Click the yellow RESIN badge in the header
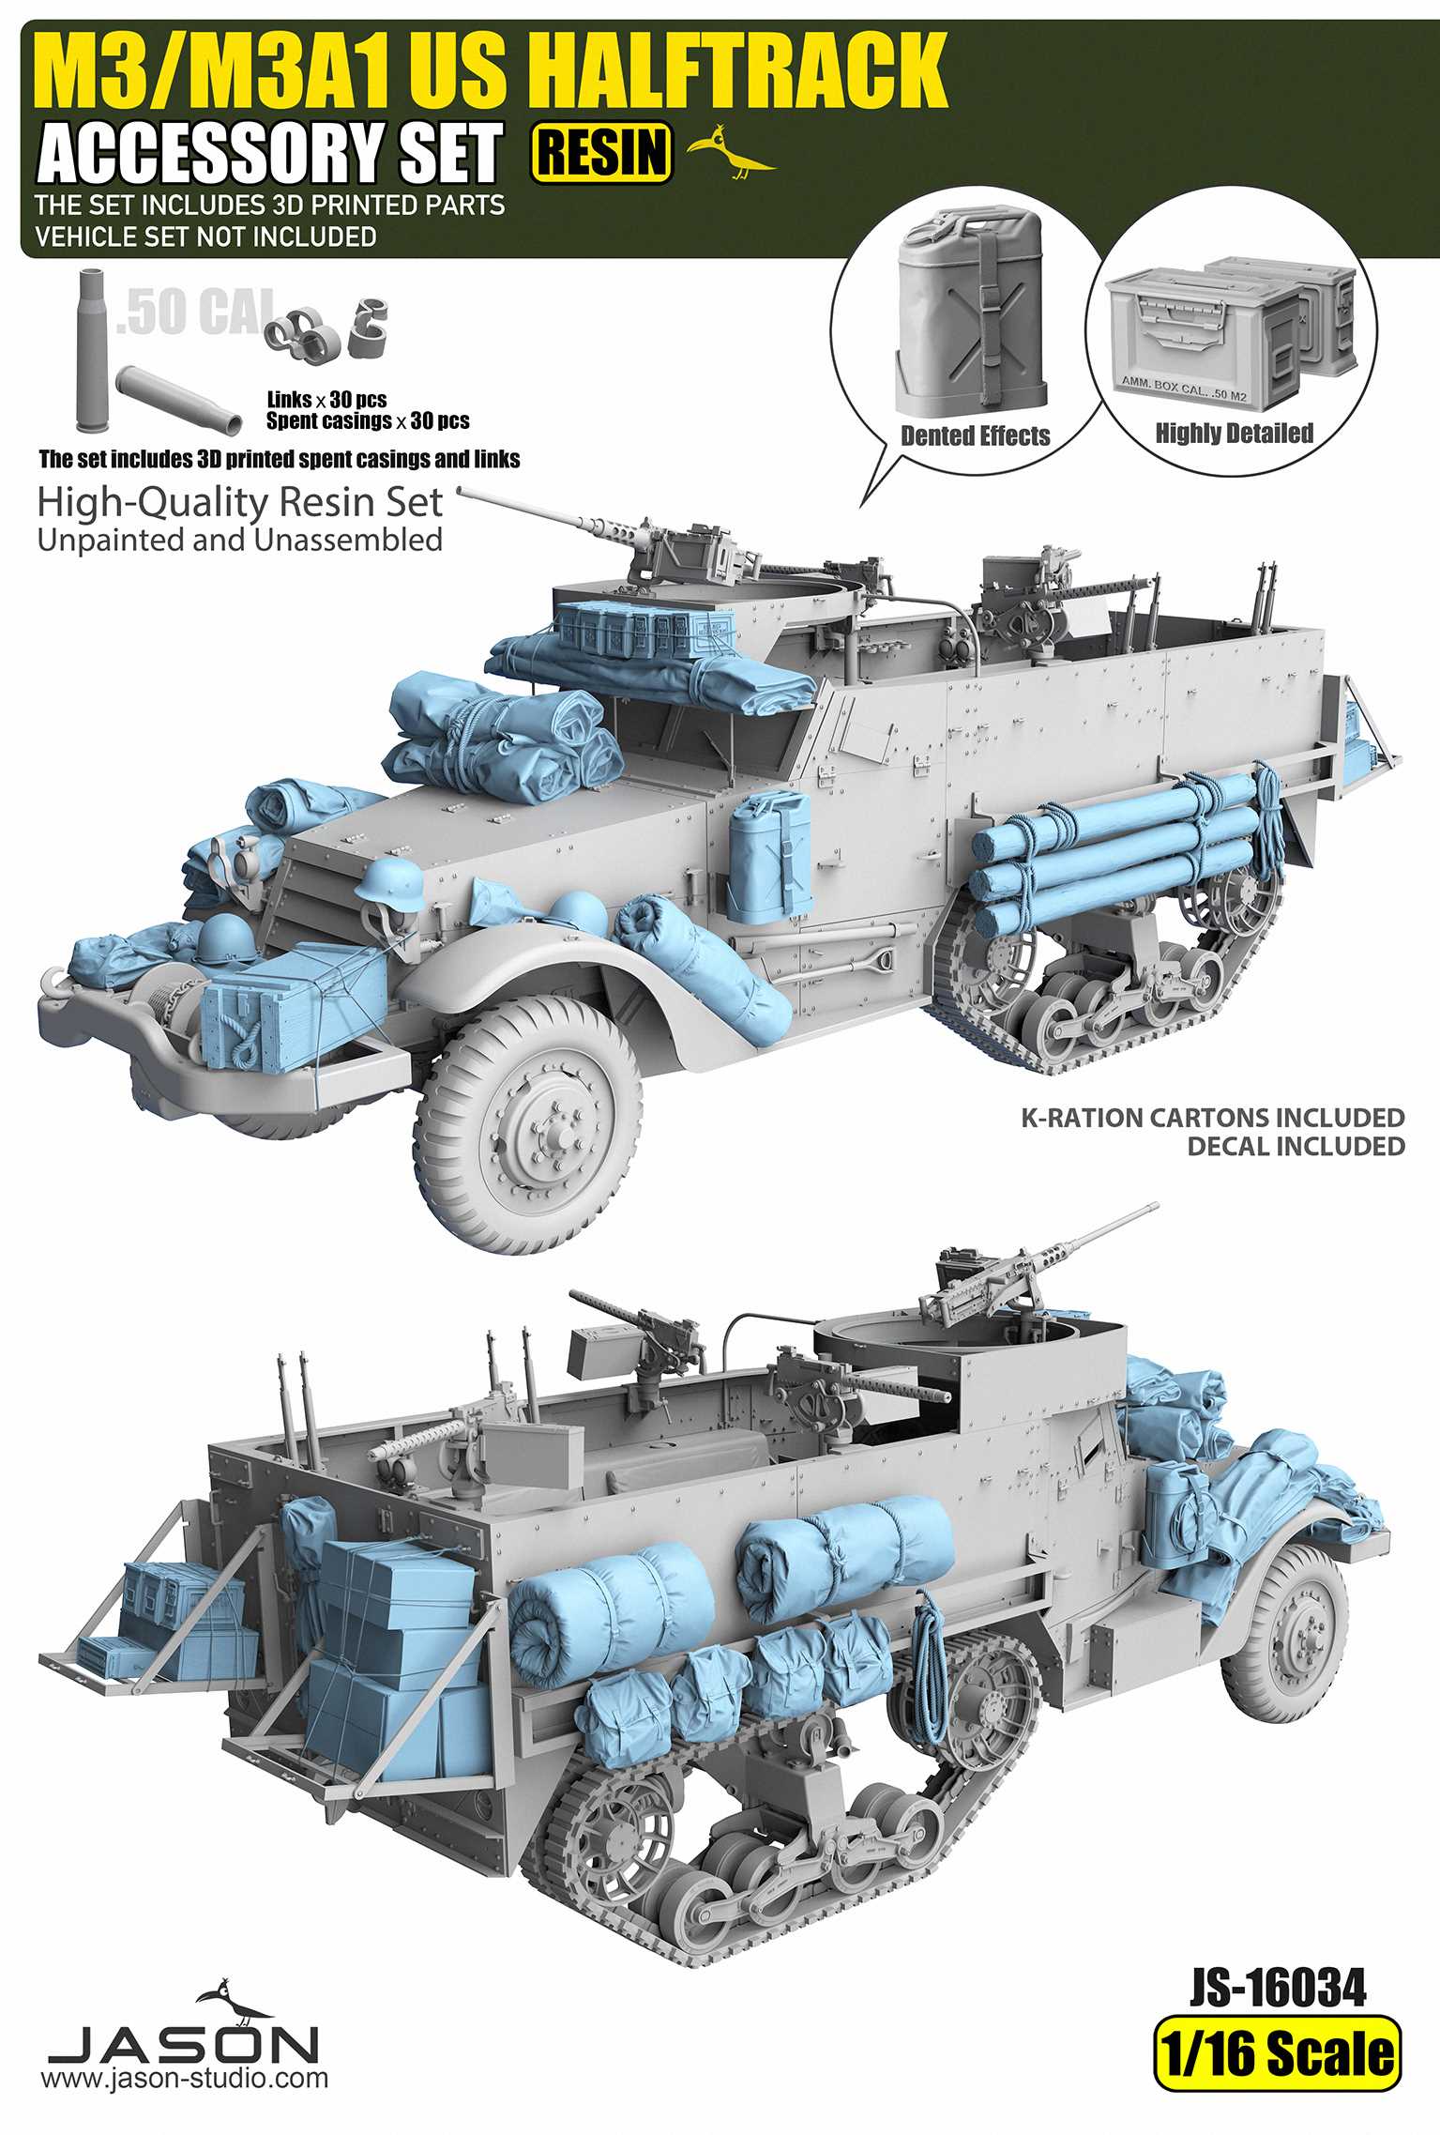(602, 152)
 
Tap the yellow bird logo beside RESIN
(731, 151)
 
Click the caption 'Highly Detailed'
(1234, 434)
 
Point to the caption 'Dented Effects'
(975, 436)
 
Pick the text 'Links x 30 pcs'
(326, 400)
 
